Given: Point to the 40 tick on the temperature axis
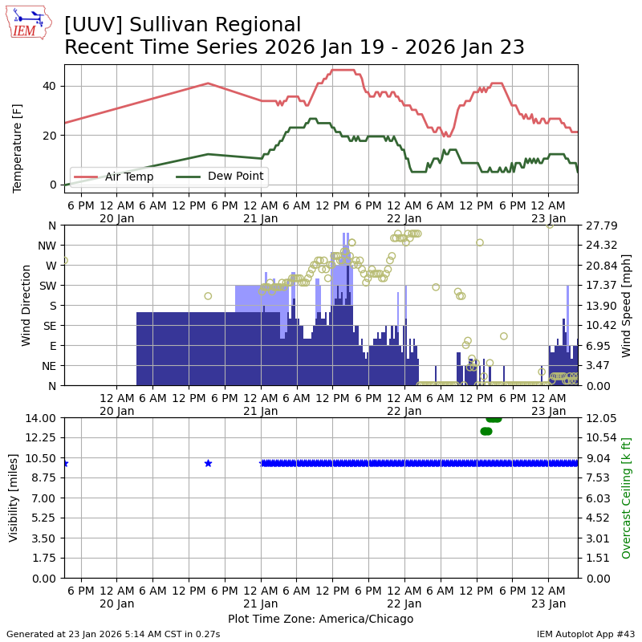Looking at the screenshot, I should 50,86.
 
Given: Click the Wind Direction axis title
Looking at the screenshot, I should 27,305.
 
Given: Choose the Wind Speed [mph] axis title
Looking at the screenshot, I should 626,305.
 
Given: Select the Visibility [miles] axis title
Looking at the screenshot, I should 14,498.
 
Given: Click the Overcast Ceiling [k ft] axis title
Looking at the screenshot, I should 626,498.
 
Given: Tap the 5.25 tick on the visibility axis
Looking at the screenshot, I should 45,518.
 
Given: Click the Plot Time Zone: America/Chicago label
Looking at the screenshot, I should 320,619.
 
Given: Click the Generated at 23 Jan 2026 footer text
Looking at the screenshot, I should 113,634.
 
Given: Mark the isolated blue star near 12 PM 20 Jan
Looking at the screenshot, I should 208,463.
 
